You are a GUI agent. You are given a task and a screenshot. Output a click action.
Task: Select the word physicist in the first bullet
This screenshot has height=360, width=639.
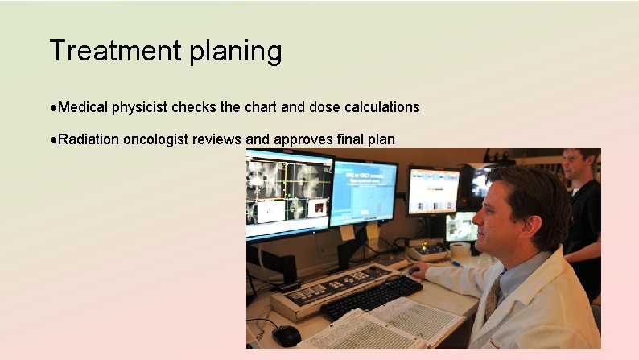pos(140,107)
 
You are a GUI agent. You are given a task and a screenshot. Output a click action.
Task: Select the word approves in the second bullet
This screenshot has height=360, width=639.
pos(303,139)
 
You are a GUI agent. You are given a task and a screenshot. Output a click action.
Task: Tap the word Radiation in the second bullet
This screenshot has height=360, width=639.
pos(89,139)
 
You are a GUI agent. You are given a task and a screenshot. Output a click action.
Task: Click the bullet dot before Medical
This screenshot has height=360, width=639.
pos(53,107)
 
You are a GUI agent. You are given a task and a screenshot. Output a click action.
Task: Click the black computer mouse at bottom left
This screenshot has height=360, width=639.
pos(287,334)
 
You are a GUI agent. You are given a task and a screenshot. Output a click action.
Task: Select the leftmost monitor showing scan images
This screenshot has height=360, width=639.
pos(288,193)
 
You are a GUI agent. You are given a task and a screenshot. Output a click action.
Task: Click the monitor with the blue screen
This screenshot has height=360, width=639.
pos(363,192)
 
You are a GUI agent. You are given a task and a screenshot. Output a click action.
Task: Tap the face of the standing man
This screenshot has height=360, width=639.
pos(574,166)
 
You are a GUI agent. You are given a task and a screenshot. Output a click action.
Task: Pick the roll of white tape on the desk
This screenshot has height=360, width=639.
pos(460,250)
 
